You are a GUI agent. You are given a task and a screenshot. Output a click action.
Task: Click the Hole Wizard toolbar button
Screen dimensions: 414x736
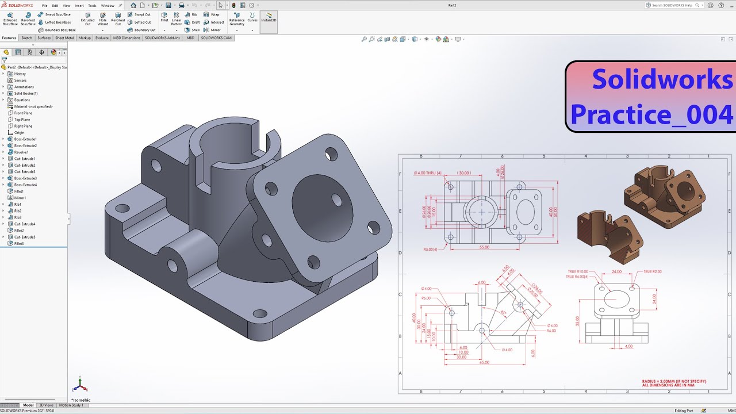point(102,18)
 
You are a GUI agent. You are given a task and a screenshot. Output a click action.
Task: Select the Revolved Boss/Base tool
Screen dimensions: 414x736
point(28,18)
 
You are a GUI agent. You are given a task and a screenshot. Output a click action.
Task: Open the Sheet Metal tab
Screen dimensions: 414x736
point(64,38)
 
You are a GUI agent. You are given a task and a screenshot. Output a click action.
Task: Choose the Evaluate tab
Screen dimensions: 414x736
point(102,38)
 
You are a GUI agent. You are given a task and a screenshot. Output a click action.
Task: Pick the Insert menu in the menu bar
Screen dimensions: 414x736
point(79,5)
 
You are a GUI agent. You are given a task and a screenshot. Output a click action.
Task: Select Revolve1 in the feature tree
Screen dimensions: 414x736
point(21,152)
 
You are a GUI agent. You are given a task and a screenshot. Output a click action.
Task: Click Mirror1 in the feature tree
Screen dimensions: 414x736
point(20,198)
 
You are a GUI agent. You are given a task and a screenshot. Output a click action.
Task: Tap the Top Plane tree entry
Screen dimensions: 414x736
point(23,120)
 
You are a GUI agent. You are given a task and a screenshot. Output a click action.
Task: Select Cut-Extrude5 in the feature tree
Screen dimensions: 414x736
point(25,237)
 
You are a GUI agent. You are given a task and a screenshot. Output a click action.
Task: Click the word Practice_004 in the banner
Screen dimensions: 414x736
point(651,114)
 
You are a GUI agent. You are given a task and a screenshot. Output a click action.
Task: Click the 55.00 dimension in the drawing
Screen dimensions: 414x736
point(484,247)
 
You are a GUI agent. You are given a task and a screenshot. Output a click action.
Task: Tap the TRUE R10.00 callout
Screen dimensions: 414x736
point(580,271)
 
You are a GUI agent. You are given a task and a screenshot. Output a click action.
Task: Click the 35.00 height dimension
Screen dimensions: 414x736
point(577,321)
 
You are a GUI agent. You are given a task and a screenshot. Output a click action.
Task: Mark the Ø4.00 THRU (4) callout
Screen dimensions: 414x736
point(427,173)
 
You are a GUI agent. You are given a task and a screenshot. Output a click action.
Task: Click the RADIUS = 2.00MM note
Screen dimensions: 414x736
point(674,381)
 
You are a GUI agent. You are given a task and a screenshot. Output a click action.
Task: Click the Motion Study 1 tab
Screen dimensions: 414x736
point(71,405)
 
